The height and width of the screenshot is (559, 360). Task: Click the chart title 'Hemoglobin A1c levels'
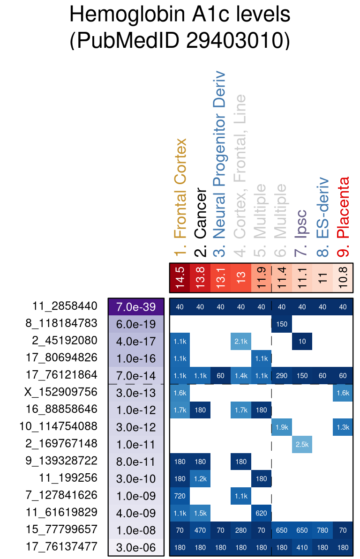point(180,15)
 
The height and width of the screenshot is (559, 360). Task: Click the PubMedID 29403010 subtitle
point(180,41)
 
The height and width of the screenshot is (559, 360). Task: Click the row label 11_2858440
point(65,306)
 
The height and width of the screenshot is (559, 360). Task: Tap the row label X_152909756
point(60,392)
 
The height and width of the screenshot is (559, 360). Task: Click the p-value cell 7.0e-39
point(136,307)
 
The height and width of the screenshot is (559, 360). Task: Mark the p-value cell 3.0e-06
point(136,547)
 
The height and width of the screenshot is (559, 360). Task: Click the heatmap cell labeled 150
point(282,324)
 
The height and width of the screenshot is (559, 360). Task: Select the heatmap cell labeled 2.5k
point(302,444)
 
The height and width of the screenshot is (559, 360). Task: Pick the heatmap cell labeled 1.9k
point(282,427)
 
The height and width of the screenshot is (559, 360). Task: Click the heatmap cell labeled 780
point(322,530)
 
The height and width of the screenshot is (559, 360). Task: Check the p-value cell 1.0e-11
point(136,444)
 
